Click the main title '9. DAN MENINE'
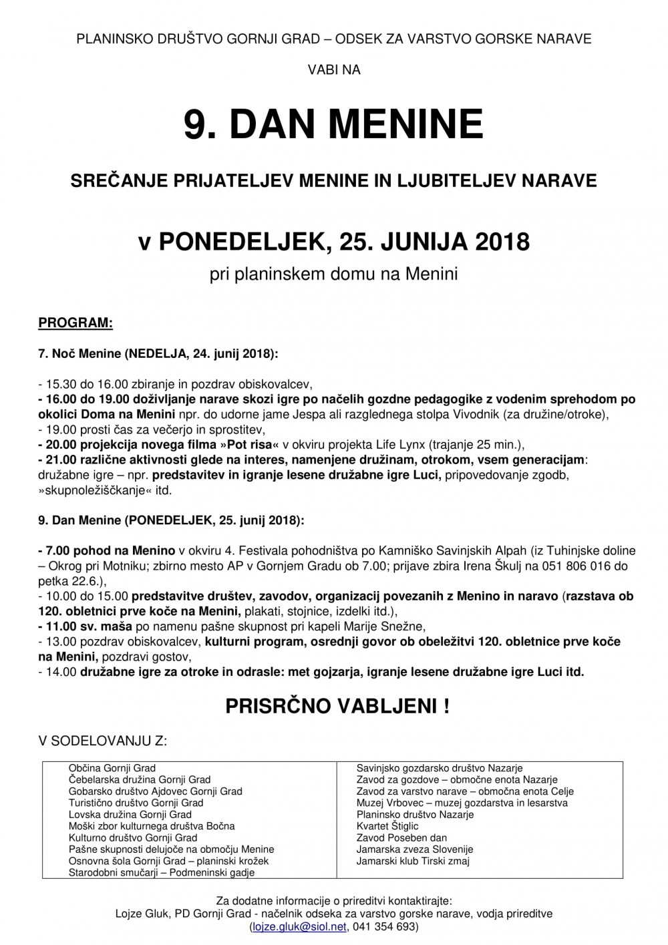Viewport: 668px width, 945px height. click(x=333, y=124)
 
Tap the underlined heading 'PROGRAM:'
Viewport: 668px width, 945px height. click(x=75, y=324)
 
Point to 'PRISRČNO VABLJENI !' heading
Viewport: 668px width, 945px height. click(x=337, y=707)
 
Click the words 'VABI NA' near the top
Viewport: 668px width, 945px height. click(x=333, y=69)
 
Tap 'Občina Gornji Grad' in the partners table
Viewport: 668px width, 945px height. click(x=112, y=768)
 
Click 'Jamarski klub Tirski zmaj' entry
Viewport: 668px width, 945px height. click(x=413, y=861)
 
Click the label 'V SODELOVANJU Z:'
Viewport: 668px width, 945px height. click(x=104, y=740)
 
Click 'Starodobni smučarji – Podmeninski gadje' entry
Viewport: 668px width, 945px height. click(x=162, y=872)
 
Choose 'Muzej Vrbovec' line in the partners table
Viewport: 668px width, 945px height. click(x=462, y=803)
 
